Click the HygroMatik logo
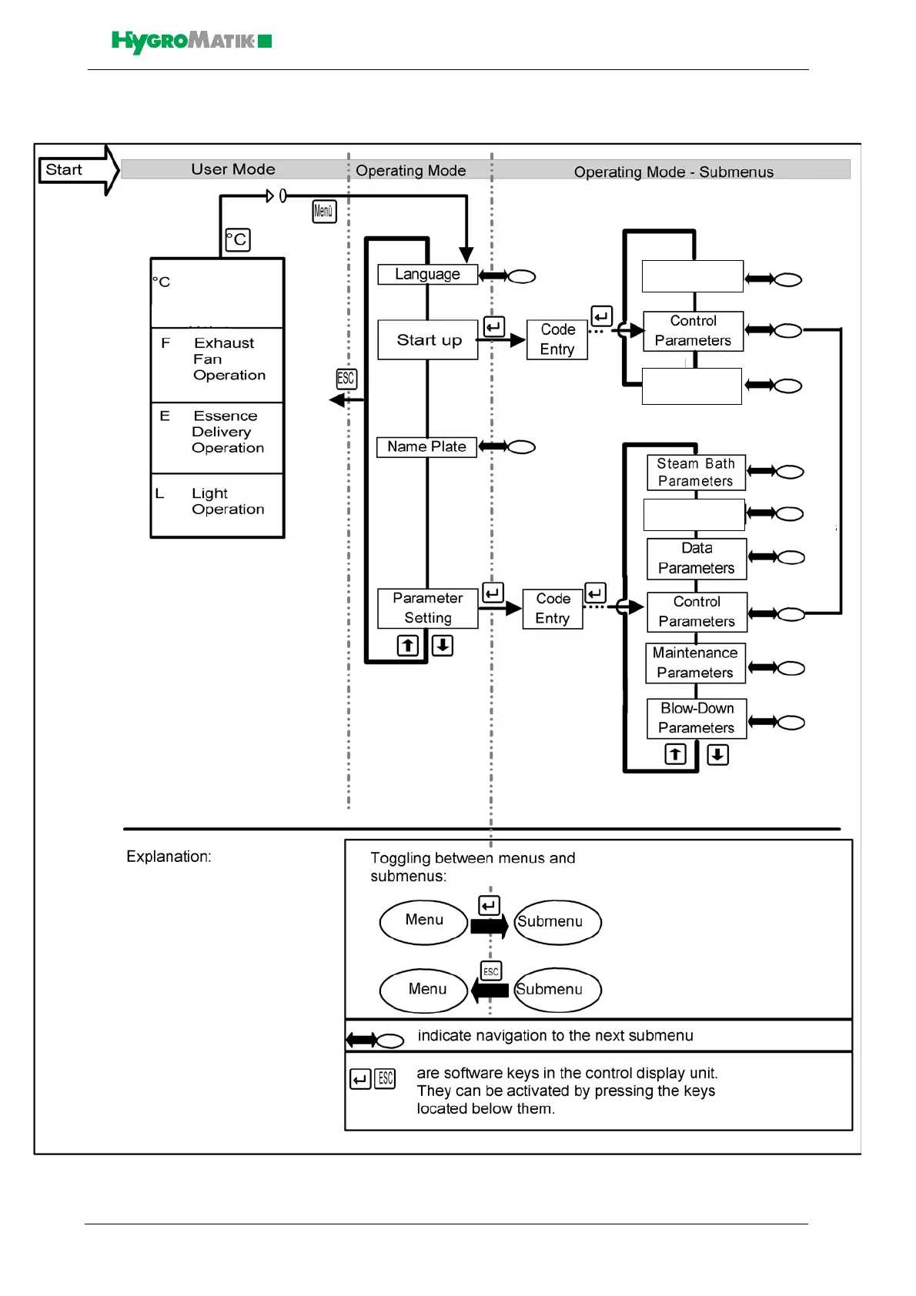click(x=191, y=42)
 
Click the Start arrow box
click(x=73, y=170)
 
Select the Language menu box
click(x=427, y=275)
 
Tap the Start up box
click(x=428, y=340)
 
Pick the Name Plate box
click(x=426, y=447)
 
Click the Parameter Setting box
click(x=428, y=608)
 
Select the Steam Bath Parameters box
click(x=696, y=473)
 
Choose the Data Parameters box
click(x=697, y=559)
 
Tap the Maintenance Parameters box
click(x=695, y=663)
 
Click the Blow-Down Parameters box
click(x=697, y=718)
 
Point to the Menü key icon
click(x=324, y=211)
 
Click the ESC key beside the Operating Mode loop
click(x=346, y=379)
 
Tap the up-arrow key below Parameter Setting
click(x=408, y=645)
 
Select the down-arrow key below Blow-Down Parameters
click(x=717, y=754)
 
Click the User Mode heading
click(x=233, y=169)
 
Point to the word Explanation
click(x=169, y=857)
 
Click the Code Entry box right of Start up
click(x=557, y=339)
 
